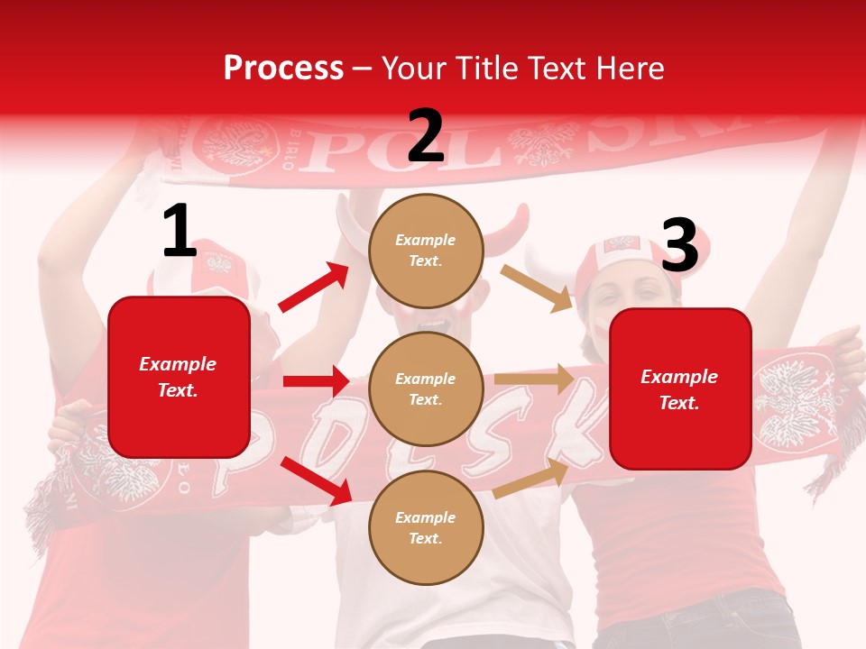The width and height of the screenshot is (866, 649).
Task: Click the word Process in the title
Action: click(283, 68)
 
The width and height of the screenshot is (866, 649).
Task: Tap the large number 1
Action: click(180, 232)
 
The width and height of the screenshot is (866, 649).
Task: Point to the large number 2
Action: click(426, 136)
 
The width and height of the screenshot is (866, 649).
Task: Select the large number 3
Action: click(679, 246)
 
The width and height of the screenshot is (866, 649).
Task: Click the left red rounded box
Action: click(179, 377)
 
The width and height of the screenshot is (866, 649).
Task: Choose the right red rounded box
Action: click(680, 388)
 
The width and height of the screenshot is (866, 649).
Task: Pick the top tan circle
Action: click(426, 251)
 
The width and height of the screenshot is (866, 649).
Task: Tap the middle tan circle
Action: click(426, 388)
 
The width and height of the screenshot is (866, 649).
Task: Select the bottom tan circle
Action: click(426, 527)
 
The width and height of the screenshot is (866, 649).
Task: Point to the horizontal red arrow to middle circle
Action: click(316, 381)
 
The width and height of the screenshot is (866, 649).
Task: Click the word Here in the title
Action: click(628, 68)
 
